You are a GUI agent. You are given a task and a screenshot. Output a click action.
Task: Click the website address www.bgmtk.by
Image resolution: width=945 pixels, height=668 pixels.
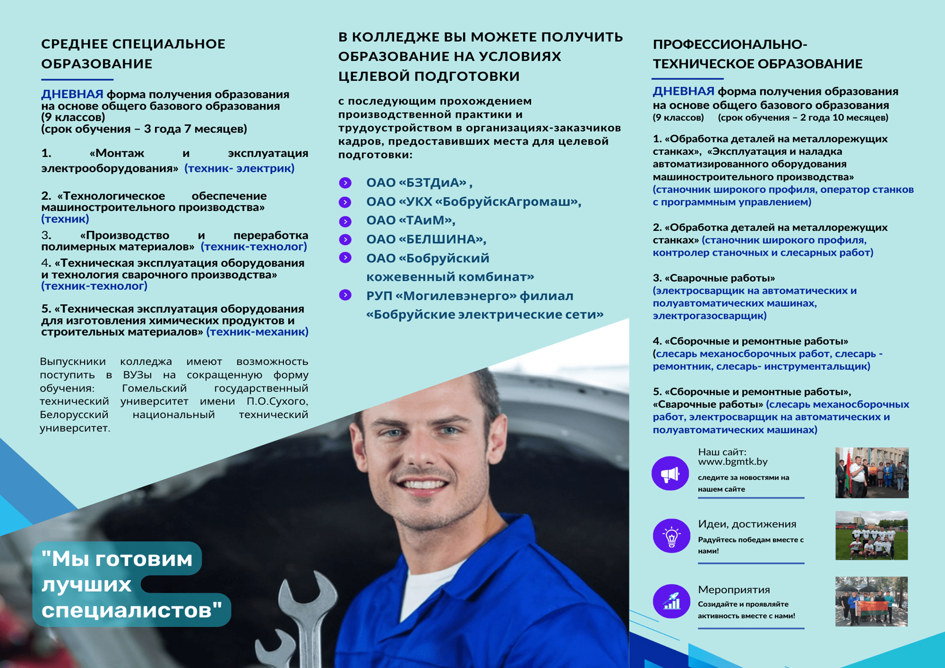coord(733,462)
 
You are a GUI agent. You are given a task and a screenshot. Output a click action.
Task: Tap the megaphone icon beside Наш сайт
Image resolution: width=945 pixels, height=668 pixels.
coord(670,473)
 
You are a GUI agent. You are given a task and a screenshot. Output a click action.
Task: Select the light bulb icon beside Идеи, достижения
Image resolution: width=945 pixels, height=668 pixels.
coord(671,536)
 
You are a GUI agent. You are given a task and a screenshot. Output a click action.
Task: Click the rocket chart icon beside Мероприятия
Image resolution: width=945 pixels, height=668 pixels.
coord(671,601)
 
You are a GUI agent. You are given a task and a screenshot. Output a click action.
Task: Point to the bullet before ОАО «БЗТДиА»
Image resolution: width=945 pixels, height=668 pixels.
coord(345,183)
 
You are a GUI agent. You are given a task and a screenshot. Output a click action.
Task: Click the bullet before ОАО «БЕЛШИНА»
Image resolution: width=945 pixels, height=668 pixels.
coord(345,239)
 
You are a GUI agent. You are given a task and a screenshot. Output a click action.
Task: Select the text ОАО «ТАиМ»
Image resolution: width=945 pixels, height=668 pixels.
coord(410,220)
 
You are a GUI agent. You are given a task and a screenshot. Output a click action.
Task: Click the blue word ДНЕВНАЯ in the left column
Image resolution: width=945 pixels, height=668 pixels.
coord(72,94)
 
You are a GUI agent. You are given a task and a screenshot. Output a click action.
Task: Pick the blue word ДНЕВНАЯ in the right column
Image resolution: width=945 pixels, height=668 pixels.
coord(683,91)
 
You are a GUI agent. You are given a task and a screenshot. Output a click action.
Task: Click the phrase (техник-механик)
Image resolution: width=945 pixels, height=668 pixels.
coord(258,332)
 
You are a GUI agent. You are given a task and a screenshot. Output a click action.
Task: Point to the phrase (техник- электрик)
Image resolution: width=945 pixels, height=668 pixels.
coord(239,168)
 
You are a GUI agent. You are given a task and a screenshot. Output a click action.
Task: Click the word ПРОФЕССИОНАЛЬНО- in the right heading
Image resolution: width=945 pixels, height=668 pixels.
coord(730,44)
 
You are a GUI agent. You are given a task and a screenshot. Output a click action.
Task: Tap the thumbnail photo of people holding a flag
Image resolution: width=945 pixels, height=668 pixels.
coord(871,601)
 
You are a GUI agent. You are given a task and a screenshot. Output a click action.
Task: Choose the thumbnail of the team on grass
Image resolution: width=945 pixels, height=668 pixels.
coord(871,535)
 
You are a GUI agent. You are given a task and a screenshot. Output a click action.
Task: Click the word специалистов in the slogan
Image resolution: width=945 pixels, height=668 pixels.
coord(132,610)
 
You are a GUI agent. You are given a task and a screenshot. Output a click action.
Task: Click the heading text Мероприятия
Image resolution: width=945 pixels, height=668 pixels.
coord(734,590)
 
